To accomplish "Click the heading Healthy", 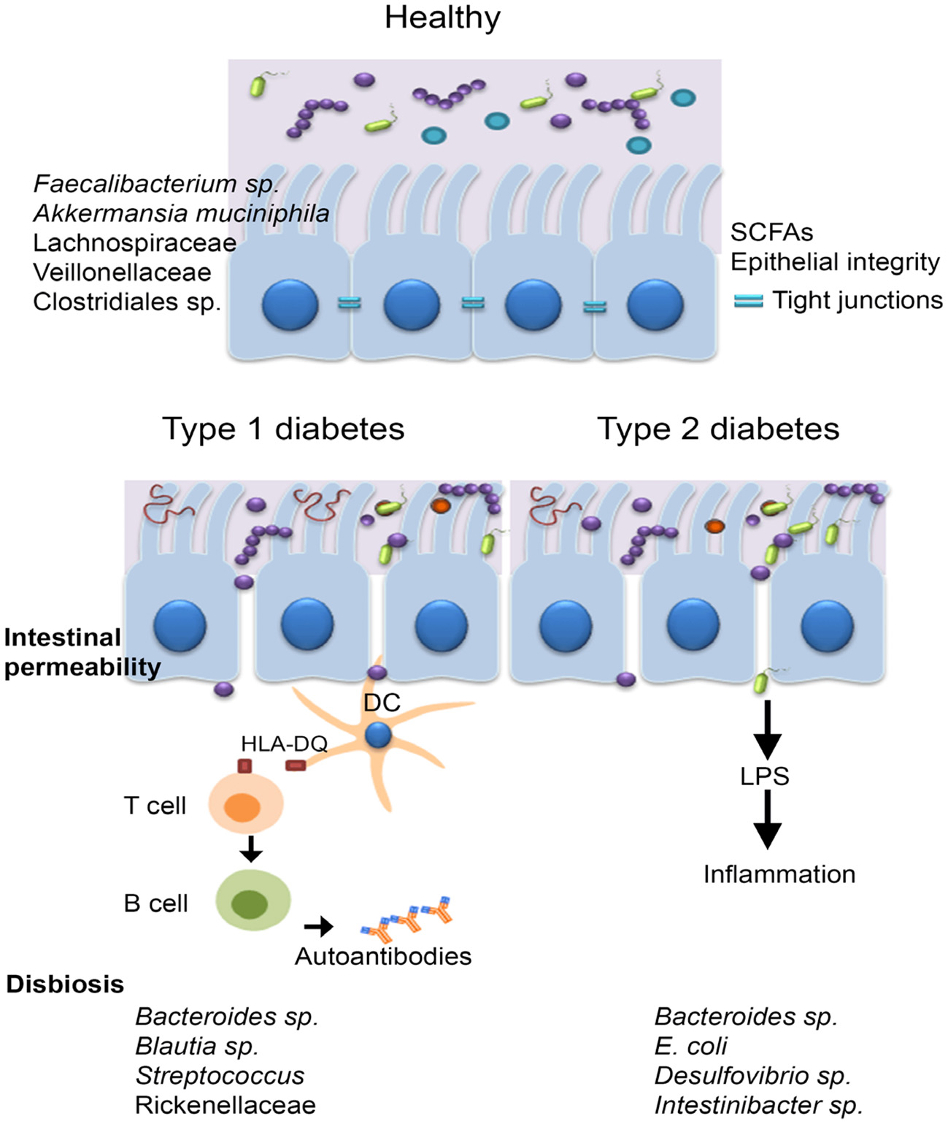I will click(442, 18).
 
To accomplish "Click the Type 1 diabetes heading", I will click(283, 429).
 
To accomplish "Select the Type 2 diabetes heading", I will click(718, 429).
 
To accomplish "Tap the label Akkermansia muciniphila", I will click(181, 213).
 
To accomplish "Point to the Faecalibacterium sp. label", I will click(156, 183).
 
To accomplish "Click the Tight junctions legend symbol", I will click(748, 300).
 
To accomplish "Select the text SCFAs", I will click(771, 232).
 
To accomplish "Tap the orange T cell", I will click(245, 806).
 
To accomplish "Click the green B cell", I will click(253, 901).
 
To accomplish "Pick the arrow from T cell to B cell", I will click(250, 849).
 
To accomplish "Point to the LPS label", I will click(765, 776).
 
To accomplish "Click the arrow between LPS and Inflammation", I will click(767, 819).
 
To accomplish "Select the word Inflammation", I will click(779, 874).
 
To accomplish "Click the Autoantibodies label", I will click(383, 956).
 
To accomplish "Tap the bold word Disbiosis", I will click(65, 985).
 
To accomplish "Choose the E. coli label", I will click(690, 1046).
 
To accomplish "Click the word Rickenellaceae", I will click(226, 1105).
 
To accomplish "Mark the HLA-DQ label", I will click(284, 744).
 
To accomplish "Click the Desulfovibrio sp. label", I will click(752, 1076).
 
